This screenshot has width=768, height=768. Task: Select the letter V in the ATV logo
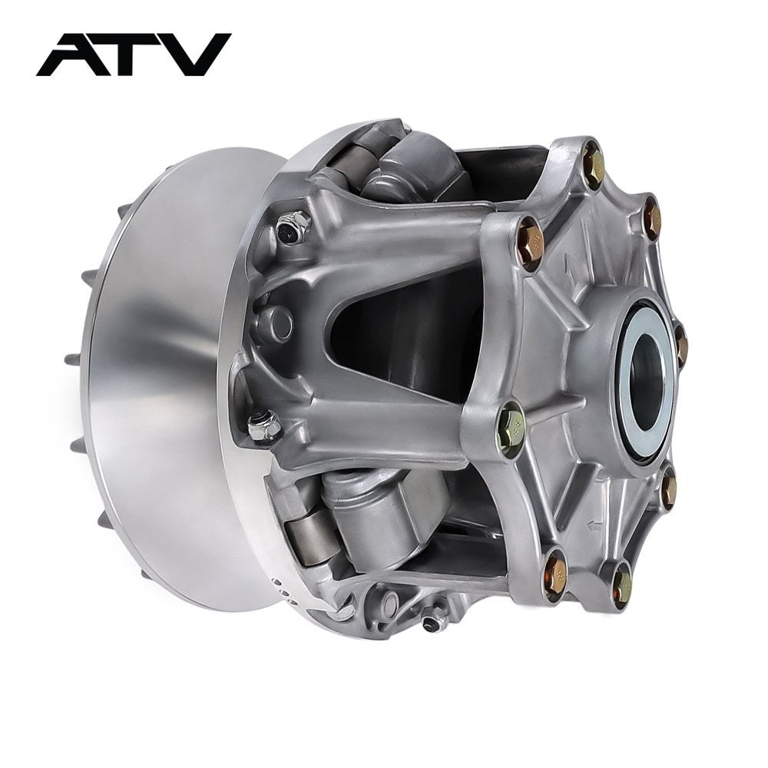coord(196,55)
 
